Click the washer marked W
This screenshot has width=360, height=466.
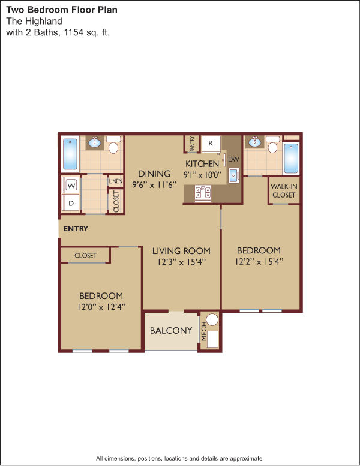71,186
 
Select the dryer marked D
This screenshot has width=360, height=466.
71,203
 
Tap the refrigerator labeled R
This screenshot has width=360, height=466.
211,144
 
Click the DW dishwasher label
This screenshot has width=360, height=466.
233,159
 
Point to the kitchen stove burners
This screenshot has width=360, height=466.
203,193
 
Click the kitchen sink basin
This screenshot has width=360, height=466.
234,175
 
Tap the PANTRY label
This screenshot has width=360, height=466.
192,144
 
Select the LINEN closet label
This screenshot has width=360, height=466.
116,181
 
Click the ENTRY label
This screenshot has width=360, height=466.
76,229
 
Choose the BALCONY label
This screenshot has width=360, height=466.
171,331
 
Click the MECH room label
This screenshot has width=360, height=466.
204,331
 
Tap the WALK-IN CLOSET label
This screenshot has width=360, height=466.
284,191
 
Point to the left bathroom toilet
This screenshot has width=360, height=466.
113,144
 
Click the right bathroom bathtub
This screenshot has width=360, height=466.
291,159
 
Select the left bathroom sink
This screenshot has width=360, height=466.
94,143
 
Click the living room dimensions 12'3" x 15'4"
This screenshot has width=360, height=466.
181,262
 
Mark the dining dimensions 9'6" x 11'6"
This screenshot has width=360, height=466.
154,184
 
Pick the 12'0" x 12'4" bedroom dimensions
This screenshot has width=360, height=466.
101,307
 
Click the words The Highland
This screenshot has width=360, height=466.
34,22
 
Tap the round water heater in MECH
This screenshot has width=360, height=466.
212,320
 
